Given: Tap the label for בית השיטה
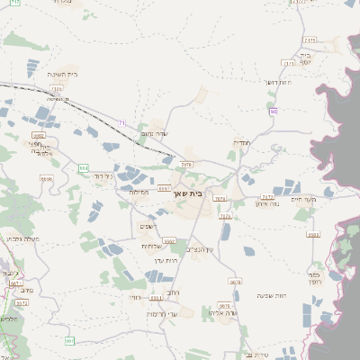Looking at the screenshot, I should pyautogui.click(x=60, y=76).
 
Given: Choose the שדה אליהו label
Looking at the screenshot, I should pyautogui.click(x=231, y=314).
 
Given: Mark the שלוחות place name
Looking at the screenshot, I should pyautogui.click(x=150, y=246).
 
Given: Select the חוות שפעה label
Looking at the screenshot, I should pyautogui.click(x=269, y=296).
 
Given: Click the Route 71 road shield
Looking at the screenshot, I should pyautogui.click(x=121, y=122).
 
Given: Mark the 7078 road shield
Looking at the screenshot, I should pyautogui.click(x=186, y=165).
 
